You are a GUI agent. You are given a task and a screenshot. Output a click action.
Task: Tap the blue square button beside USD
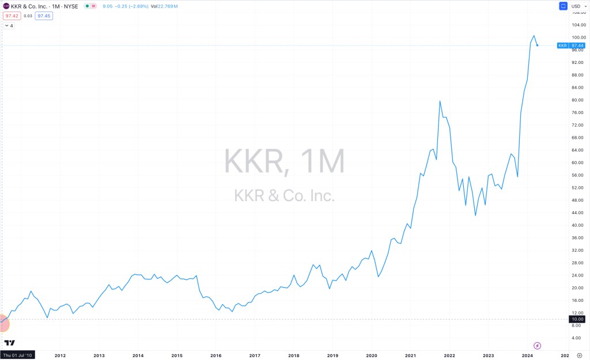click(563, 6)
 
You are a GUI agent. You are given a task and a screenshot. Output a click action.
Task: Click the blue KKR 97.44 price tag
click(570, 46)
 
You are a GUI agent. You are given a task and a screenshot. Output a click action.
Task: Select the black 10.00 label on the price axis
click(577, 319)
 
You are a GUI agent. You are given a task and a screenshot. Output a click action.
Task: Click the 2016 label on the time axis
click(216, 356)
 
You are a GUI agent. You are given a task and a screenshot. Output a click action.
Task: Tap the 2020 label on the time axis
click(372, 356)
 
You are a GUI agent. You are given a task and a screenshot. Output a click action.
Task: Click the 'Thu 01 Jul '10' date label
click(18, 356)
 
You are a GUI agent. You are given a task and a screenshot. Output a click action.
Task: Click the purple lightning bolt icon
click(537, 346)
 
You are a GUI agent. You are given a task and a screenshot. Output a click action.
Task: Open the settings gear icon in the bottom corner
click(579, 356)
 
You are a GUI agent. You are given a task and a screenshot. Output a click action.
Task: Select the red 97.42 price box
click(12, 16)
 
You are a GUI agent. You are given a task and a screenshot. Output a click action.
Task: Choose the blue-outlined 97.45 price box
click(44, 16)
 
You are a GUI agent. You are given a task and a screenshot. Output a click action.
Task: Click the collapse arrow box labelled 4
click(9, 26)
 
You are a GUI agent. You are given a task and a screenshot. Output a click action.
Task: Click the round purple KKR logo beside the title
click(6, 6)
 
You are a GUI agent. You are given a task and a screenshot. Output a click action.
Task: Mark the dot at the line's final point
click(538, 46)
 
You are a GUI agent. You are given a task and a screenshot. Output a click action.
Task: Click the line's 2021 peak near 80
click(440, 101)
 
